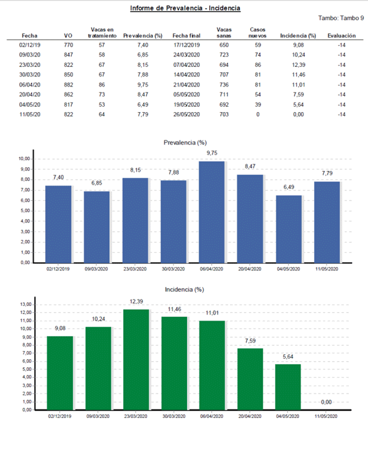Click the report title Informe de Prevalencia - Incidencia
pyautogui.click(x=185, y=9)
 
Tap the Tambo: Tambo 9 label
pyautogui.click(x=341, y=18)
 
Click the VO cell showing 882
pyautogui.click(x=68, y=84)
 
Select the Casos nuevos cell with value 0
pyautogui.click(x=258, y=113)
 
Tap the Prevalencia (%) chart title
pyautogui.click(x=186, y=142)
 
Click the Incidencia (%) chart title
pyautogui.click(x=186, y=288)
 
